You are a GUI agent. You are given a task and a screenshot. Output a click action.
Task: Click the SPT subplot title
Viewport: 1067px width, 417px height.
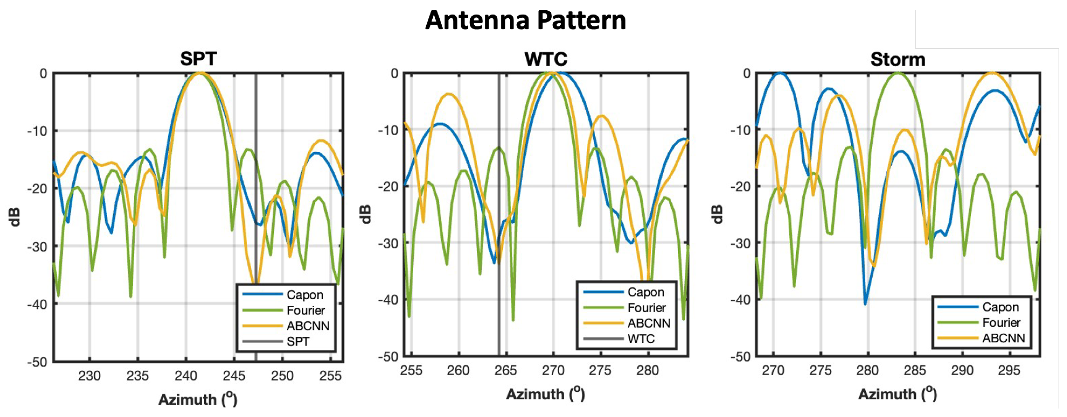198,59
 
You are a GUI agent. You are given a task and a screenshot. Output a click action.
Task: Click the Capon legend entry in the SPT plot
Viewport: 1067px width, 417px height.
305,295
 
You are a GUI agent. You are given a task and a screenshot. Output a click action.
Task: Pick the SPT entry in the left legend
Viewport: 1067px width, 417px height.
298,342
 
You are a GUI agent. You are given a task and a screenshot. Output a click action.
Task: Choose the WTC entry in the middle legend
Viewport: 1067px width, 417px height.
641,339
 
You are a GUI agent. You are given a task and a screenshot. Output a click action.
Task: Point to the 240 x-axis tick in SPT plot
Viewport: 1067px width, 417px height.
186,376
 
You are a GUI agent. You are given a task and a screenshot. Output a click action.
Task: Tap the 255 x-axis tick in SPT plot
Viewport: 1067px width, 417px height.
330,376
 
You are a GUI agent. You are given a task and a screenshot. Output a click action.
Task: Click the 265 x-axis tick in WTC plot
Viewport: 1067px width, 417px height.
505,370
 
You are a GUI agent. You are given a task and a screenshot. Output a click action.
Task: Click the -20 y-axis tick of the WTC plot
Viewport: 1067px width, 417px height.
388,187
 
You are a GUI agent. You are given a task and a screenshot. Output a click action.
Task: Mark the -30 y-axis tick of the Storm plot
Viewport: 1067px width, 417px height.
740,243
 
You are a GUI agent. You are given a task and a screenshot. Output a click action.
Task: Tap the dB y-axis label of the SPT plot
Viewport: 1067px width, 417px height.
15,217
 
